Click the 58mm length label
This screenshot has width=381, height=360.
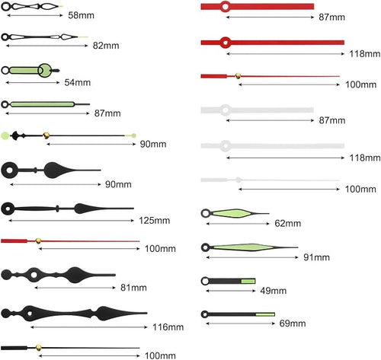81,15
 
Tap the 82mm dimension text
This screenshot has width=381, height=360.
106,46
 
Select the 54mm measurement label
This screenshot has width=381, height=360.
78,82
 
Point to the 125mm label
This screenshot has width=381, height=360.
155,221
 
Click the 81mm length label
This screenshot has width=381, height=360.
133,288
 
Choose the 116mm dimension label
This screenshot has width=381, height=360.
168,327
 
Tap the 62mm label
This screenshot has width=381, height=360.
288,224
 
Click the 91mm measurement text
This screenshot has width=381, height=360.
317,257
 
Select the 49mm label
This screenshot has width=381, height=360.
274,291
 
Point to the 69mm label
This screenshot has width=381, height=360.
293,323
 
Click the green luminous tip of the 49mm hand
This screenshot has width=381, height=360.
248,281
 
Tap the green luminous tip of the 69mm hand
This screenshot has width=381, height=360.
265,314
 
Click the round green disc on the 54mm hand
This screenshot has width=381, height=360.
45,70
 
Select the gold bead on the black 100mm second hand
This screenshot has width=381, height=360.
39,348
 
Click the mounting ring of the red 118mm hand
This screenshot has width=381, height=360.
225,43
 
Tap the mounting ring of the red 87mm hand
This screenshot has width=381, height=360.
225,7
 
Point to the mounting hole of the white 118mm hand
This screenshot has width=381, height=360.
225,146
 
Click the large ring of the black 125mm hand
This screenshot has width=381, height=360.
8,209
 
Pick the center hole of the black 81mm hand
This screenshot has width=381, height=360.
34,275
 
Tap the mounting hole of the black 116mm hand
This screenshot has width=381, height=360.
30,314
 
